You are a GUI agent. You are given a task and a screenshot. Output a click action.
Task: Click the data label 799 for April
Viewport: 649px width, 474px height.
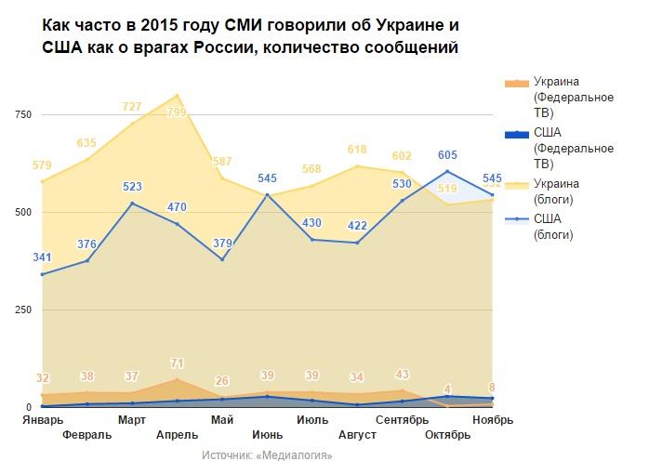[177, 113]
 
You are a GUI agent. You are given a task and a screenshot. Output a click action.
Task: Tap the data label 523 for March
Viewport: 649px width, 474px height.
[132, 187]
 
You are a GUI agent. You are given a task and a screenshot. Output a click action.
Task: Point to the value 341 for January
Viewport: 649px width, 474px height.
[43, 257]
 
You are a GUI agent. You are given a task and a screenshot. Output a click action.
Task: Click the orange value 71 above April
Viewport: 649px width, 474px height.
[177, 363]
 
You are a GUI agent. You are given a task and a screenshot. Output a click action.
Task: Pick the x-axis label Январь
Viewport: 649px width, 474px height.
[43, 420]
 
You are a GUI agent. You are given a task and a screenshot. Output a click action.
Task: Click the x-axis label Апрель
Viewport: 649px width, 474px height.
[177, 434]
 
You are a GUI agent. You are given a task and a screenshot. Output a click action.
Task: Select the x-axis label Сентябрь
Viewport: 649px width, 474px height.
[402, 420]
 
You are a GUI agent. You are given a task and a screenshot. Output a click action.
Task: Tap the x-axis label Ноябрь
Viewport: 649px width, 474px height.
[492, 420]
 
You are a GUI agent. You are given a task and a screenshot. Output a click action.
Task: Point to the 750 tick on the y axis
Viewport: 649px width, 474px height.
[22, 114]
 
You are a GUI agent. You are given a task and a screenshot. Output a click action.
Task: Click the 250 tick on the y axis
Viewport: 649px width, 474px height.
[22, 309]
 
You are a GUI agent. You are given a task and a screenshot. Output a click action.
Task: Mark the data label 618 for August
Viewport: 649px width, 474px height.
[357, 149]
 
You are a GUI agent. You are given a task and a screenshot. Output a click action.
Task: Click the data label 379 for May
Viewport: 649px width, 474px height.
[222, 244]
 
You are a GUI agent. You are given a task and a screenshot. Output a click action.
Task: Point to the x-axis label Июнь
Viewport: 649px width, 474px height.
[267, 434]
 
